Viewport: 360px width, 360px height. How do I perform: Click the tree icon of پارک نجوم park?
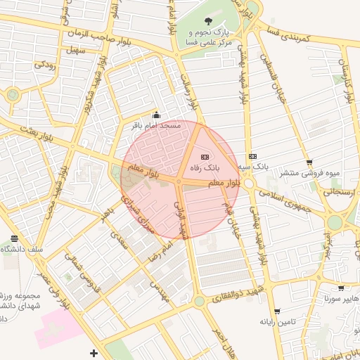point(207,21)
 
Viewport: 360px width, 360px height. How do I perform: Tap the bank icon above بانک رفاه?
point(205,157)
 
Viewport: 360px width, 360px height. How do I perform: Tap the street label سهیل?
point(73,51)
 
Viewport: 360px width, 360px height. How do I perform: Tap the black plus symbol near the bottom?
point(94,352)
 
